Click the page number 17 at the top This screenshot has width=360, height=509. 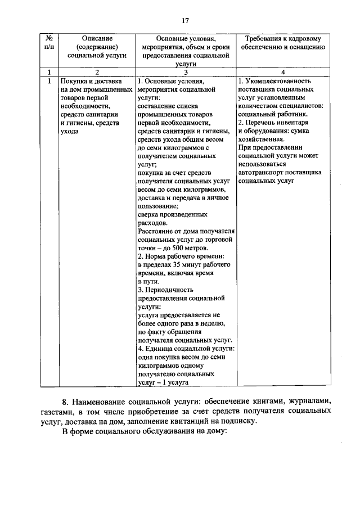pyautogui.click(x=184, y=21)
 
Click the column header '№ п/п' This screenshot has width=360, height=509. pyautogui.click(x=49, y=43)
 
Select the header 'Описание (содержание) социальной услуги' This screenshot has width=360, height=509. pyautogui.click(x=97, y=47)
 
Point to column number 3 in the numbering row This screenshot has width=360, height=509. pyautogui.click(x=185, y=72)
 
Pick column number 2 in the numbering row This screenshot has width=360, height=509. pyautogui.click(x=97, y=72)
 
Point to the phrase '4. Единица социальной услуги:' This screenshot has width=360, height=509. pyautogui.click(x=186, y=348)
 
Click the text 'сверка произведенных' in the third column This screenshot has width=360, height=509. pyautogui.click(x=172, y=214)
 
